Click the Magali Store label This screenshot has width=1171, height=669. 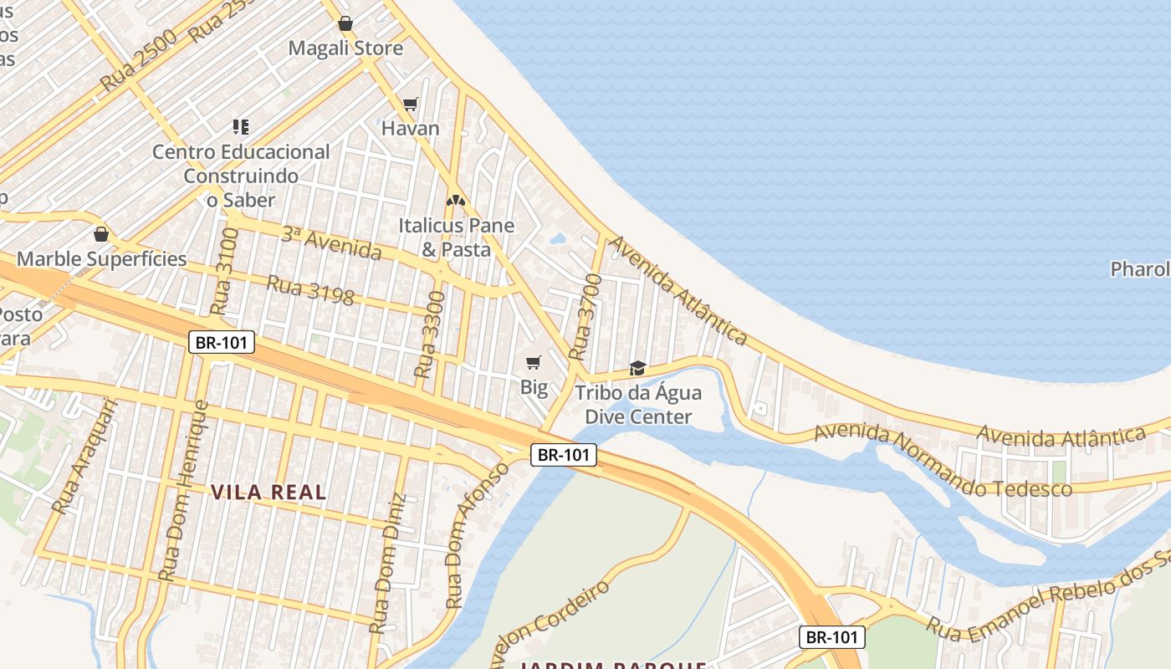[345, 49]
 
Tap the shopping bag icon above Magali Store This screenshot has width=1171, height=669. [345, 23]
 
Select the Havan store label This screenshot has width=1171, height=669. [410, 129]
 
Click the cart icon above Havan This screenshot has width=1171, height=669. [410, 104]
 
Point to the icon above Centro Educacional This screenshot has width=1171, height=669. [241, 127]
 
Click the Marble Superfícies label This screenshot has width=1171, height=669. [102, 259]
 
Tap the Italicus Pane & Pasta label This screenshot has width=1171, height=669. [456, 237]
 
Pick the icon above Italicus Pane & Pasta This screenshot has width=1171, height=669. [455, 202]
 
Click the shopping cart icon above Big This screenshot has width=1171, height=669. [534, 362]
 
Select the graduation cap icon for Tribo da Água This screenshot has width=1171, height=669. [637, 368]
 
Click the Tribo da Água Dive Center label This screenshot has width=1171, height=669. [638, 405]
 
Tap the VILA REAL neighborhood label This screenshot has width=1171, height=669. [268, 492]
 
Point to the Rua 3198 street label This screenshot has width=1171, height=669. [310, 290]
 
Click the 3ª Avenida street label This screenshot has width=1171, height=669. [330, 243]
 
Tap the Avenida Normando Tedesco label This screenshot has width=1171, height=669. [943, 461]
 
